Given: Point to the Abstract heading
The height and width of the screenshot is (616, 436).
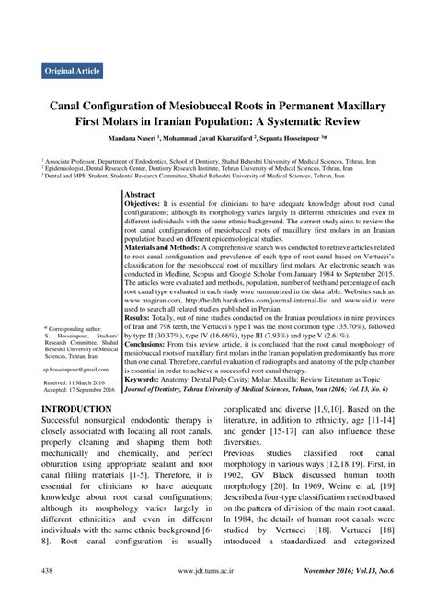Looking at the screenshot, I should click(x=140, y=196).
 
